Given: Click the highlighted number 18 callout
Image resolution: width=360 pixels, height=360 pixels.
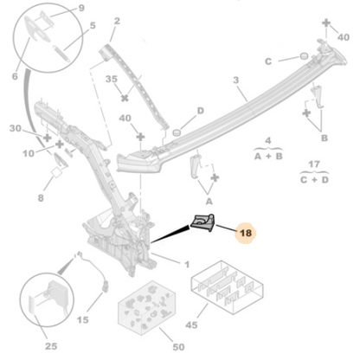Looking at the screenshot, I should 247,232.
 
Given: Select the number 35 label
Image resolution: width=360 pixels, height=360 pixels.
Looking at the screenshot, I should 112,80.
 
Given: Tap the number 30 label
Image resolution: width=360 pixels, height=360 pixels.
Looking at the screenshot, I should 15,128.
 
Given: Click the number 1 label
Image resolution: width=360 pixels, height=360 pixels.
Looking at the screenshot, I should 188,263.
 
